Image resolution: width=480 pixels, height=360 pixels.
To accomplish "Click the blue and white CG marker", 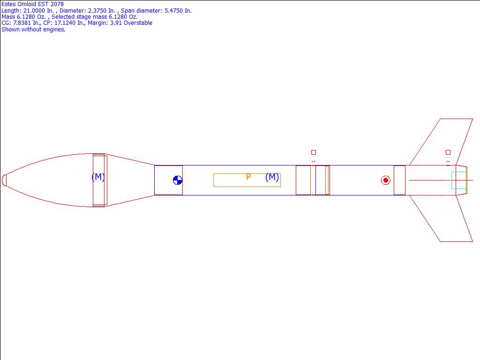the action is click(178, 180).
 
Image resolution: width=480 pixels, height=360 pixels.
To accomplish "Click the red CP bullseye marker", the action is click(386, 180).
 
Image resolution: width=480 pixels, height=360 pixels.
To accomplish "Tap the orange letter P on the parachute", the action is click(248, 177).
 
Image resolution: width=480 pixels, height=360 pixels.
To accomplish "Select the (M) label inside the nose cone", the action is click(98, 177).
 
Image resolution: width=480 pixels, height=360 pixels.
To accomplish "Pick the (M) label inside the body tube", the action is click(272, 177).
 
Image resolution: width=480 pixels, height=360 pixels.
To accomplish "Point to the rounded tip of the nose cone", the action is click(4, 180).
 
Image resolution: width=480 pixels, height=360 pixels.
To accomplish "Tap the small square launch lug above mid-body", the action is click(314, 152).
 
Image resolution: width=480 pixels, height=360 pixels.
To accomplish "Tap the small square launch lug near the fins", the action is click(448, 152).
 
